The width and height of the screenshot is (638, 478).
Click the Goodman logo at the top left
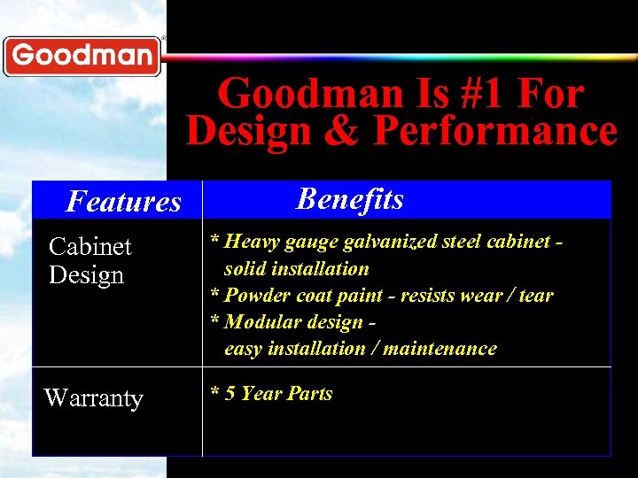click(82, 56)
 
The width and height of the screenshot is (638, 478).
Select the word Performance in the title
click(494, 131)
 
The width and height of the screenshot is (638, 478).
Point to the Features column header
click(123, 202)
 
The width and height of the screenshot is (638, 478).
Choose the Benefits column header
click(350, 198)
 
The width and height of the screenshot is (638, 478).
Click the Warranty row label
click(93, 398)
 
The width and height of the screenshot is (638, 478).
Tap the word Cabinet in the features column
click(89, 246)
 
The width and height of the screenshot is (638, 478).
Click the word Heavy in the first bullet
click(253, 242)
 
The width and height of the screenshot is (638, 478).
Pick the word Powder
click(255, 295)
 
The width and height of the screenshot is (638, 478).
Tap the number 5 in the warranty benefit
click(230, 393)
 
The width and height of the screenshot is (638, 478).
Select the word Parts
click(309, 393)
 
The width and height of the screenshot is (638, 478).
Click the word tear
click(535, 295)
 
